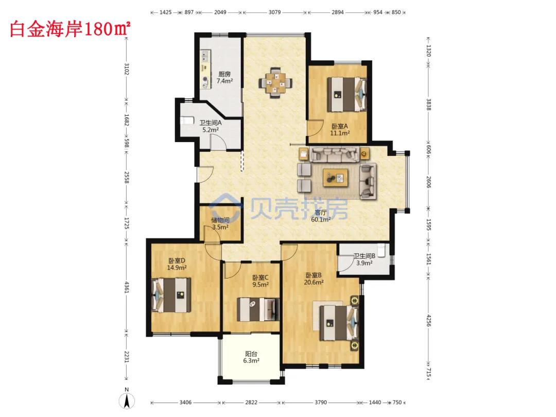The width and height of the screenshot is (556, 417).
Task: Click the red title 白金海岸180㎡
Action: [x=70, y=29]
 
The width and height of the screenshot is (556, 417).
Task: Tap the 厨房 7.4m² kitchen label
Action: [x=224, y=78]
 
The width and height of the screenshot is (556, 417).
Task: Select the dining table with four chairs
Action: [x=275, y=82]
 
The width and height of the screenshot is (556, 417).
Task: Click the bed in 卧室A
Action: [x=346, y=95]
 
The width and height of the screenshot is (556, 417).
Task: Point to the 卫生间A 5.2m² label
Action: [x=210, y=126]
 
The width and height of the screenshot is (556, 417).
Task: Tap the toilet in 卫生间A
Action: [x=187, y=120]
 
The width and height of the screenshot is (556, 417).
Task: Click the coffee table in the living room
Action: [x=336, y=178]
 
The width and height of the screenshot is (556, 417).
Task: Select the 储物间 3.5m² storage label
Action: [x=220, y=224]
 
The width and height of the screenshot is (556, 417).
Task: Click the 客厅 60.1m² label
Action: [x=321, y=216]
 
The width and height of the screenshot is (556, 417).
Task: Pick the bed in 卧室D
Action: [x=171, y=295]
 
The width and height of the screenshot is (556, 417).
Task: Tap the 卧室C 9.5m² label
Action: [x=260, y=281]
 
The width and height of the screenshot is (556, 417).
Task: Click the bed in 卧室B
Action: [x=339, y=323]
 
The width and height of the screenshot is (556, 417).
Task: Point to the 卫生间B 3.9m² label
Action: [x=364, y=259]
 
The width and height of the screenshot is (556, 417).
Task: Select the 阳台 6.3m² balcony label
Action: [x=251, y=357]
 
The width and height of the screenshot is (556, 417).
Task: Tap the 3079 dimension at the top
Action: [x=274, y=12]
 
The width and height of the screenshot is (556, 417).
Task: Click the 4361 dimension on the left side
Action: [x=127, y=287]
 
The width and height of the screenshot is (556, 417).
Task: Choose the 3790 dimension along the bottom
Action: [x=321, y=402]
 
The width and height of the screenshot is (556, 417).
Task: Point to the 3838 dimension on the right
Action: [x=429, y=105]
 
